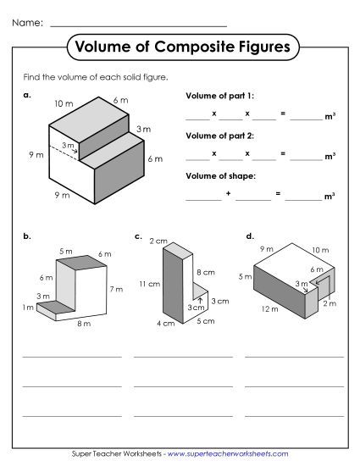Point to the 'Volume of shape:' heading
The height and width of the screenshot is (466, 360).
point(217,175)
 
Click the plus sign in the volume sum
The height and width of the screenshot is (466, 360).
point(228,195)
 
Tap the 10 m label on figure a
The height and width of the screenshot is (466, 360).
point(64,103)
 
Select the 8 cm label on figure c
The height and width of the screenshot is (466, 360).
point(203,272)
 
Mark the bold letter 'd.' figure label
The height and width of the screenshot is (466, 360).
point(249,236)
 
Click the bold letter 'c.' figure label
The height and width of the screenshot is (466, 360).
point(137,236)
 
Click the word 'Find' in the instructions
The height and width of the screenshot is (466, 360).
point(32,77)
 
